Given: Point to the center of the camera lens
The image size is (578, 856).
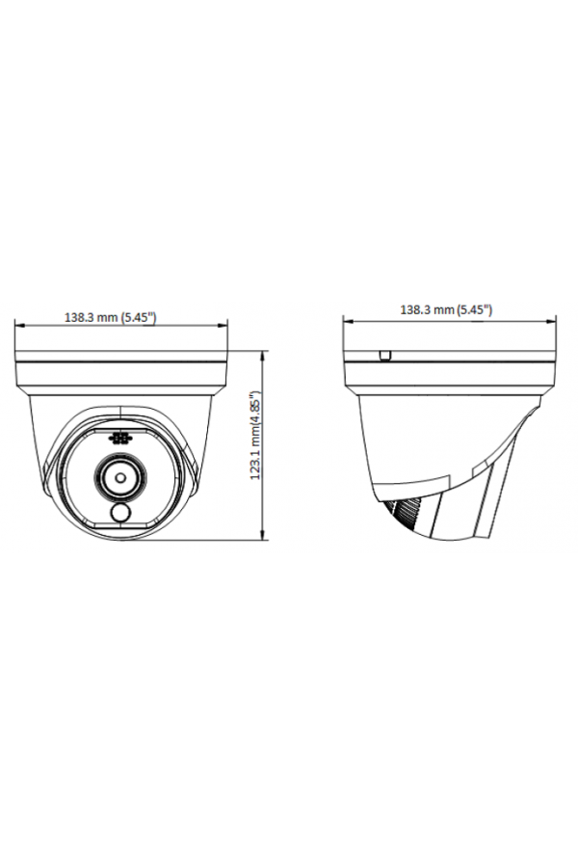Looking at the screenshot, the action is point(120,476).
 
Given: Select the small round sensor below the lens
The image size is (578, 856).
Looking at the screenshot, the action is point(119,512).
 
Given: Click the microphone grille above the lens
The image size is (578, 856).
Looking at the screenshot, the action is point(120,439).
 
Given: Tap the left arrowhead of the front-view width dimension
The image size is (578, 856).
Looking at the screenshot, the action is point(19,326).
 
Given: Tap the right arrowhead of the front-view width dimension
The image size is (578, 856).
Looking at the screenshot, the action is point(223,326).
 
